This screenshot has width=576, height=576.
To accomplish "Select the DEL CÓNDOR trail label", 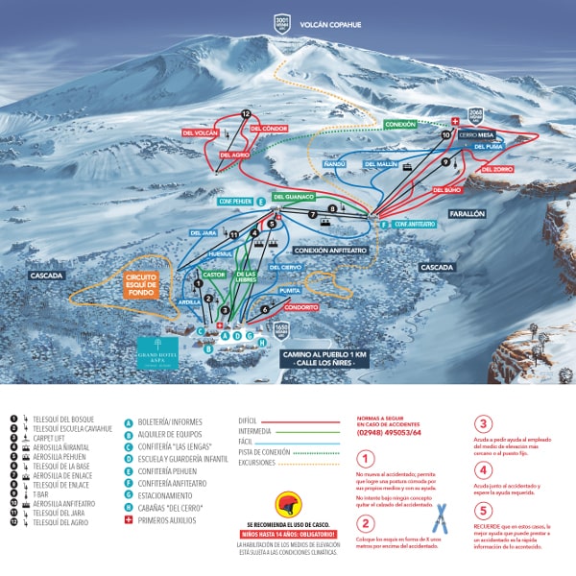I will [x=270, y=128].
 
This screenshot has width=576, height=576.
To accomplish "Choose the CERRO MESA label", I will [x=475, y=135].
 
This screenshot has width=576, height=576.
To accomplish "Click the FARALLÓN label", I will [x=468, y=214].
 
